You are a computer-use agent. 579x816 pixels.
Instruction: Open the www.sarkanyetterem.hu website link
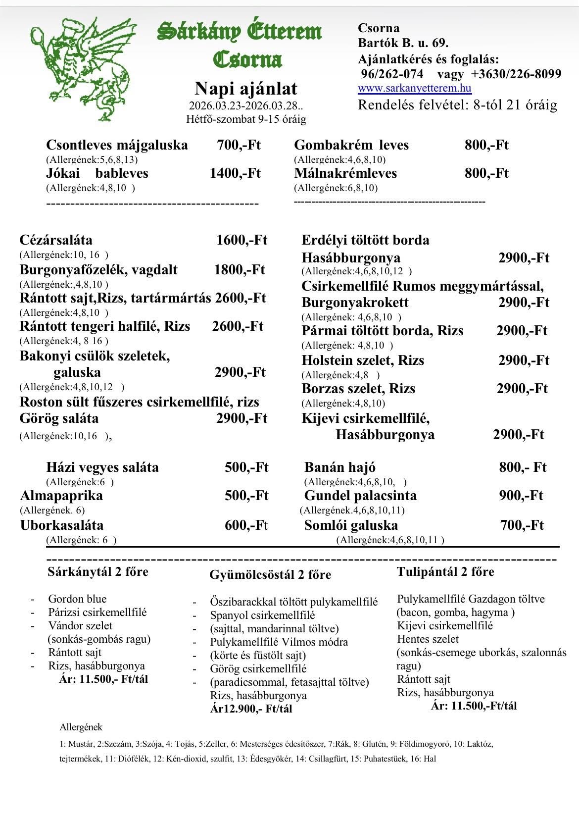pos(414,89)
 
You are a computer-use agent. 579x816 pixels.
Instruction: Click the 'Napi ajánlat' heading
pos(246,89)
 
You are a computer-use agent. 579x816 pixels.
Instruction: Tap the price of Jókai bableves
pos(235,173)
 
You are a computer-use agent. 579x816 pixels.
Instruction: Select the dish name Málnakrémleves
pos(345,173)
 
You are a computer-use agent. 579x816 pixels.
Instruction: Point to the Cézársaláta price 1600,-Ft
pos(241,240)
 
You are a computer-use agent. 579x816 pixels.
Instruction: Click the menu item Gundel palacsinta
pos(360,496)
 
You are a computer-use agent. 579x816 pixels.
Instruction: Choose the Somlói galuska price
pos(522,525)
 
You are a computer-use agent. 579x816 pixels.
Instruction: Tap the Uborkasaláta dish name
pos(62,525)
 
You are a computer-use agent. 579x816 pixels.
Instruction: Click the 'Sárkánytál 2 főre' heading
pos(97,572)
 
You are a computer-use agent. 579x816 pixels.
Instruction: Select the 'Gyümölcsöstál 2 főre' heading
pos(270,575)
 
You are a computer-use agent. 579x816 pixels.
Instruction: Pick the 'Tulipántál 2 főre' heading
pos(445,572)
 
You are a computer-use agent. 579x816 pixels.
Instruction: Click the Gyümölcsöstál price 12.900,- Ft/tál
pos(251,709)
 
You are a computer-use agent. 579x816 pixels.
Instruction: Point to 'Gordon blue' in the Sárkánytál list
pos(77,599)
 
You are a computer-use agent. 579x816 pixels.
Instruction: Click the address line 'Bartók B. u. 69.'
pos(403,43)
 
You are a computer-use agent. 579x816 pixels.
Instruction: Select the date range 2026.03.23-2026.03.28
pos(246,106)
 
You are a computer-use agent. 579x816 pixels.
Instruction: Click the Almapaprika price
pos(246,496)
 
